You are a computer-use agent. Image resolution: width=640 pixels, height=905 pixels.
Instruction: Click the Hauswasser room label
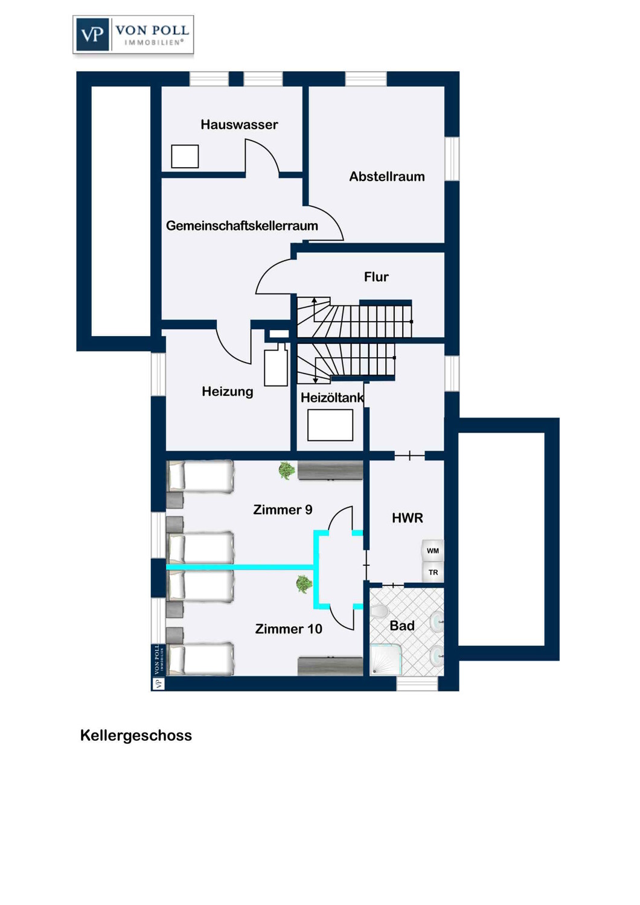tap(239, 124)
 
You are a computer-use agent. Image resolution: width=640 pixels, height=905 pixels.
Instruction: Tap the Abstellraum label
tap(387, 177)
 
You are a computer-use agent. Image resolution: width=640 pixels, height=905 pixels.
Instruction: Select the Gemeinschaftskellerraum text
tap(242, 226)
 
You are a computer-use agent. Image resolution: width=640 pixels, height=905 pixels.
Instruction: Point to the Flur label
tap(376, 277)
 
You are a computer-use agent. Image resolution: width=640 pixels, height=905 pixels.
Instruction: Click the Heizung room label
tap(228, 392)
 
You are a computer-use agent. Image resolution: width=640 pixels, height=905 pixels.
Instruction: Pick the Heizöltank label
tap(332, 398)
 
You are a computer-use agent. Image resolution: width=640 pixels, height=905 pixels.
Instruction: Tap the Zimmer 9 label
tap(283, 509)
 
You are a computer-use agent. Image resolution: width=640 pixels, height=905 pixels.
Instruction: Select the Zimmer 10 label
tap(288, 629)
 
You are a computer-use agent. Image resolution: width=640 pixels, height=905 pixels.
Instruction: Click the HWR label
tap(407, 518)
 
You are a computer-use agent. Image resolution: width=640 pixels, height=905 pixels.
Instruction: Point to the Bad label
tap(402, 626)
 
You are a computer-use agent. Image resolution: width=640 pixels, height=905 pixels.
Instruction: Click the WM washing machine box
tap(432, 550)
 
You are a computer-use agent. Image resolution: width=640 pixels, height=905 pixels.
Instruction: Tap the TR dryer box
tap(432, 572)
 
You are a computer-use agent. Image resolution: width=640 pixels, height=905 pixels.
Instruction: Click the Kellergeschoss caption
tap(136, 735)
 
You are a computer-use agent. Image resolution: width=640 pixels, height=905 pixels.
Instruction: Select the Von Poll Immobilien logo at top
tap(133, 35)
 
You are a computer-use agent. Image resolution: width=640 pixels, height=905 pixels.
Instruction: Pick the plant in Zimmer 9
tap(286, 470)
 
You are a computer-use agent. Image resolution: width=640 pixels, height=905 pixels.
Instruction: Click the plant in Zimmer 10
tap(303, 584)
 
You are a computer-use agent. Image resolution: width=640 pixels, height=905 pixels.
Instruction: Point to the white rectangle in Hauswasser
tap(185, 156)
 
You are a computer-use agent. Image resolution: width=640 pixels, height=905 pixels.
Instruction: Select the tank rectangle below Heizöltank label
tap(330, 425)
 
